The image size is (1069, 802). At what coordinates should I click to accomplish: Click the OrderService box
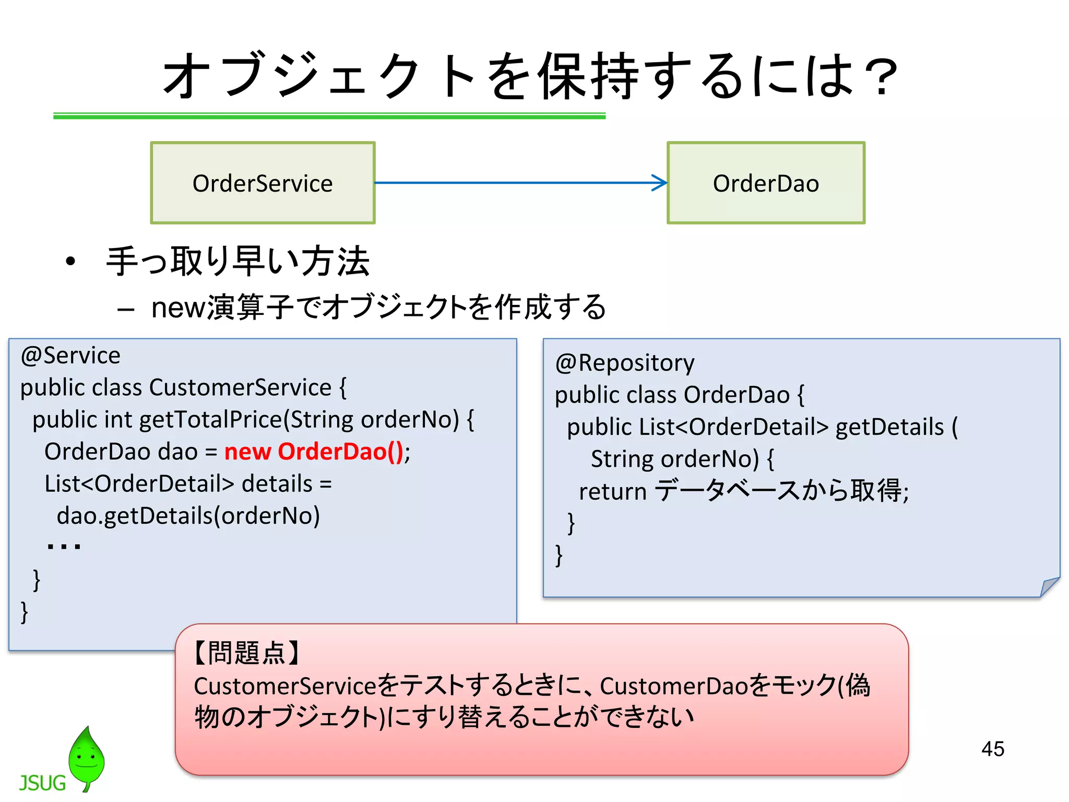[x=263, y=183]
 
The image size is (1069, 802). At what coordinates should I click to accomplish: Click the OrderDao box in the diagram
[x=765, y=183]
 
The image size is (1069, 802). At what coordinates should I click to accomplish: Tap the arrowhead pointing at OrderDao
[x=660, y=183]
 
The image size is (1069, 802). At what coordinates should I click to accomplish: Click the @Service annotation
[x=70, y=356]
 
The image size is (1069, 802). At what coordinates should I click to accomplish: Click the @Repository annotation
[x=624, y=363]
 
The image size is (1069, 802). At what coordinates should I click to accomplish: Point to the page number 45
[x=992, y=749]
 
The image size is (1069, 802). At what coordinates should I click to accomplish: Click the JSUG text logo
[x=42, y=783]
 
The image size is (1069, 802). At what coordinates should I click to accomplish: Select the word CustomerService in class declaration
[x=240, y=387]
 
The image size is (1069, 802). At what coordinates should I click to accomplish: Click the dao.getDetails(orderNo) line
[x=188, y=516]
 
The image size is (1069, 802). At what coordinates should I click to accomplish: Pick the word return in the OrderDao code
[x=612, y=491]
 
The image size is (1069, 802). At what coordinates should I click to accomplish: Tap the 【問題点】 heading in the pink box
[x=246, y=653]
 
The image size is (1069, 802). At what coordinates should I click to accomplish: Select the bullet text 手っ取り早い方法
[x=237, y=261]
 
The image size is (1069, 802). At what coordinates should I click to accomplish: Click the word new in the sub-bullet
[x=178, y=308]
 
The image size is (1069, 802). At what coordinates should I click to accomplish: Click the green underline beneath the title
[x=329, y=116]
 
